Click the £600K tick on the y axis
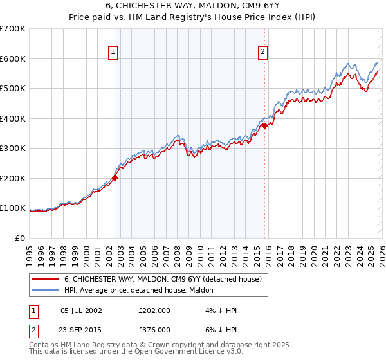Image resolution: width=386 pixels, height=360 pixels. [13, 59]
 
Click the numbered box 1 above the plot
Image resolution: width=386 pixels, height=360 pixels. [113, 52]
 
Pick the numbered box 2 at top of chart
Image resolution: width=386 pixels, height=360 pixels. [264, 52]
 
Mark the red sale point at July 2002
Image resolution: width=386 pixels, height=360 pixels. [115, 177]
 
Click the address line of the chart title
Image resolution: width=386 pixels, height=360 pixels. [193, 6]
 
